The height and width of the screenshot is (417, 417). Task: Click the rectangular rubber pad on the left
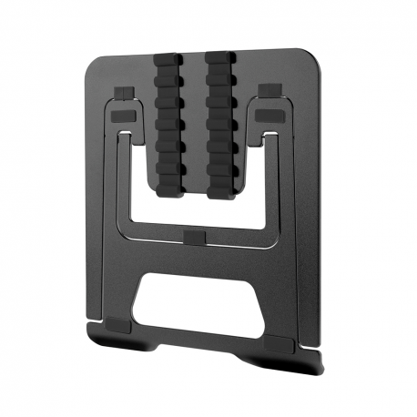tap(127, 117)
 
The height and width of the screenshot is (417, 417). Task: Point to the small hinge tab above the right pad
tap(269, 90)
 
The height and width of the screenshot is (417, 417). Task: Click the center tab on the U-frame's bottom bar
tap(194, 237)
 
